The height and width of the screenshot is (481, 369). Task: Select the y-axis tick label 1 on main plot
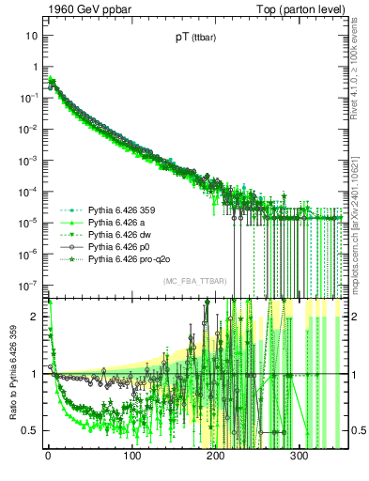tap(35, 67)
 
